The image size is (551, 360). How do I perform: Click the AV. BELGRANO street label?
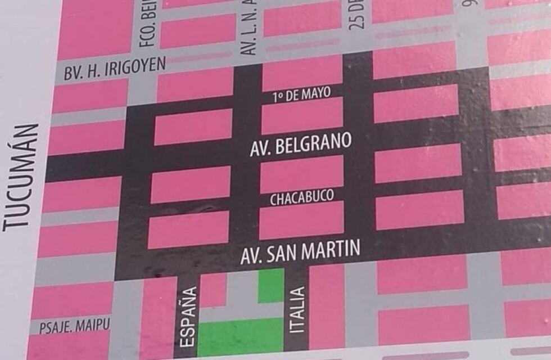pyautogui.click(x=300, y=145)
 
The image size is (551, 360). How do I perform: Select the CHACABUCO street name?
pyautogui.click(x=301, y=197)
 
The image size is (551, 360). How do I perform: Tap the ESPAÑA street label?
pyautogui.click(x=190, y=316)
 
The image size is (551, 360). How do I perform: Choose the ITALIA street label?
pyautogui.click(x=299, y=309)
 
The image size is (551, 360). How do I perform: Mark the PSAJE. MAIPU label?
pyautogui.click(x=75, y=325)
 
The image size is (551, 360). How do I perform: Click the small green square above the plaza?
pyautogui.click(x=271, y=286)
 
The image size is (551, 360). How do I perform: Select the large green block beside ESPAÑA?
pyautogui.click(x=240, y=336)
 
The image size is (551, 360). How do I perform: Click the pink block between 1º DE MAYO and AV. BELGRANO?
pyautogui.click(x=302, y=115)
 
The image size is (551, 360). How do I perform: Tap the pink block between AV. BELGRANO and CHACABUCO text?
pyautogui.click(x=301, y=173)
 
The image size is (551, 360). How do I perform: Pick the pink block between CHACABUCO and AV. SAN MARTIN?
pyautogui.click(x=301, y=220)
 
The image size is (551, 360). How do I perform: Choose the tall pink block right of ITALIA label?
pyautogui.click(x=327, y=307)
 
